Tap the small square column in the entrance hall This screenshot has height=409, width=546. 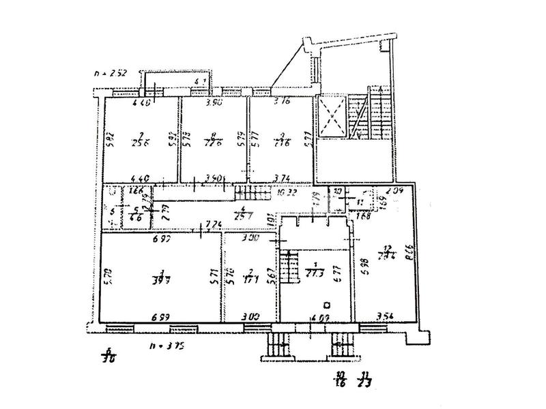click(328, 305)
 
